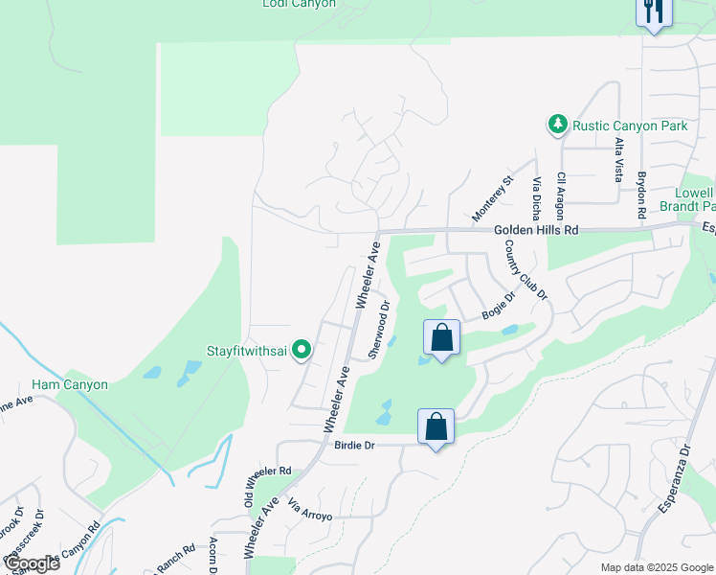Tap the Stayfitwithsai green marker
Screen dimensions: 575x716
[x=302, y=351]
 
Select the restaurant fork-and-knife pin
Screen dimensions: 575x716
[x=654, y=11]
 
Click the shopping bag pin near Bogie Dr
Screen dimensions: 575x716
[x=441, y=337]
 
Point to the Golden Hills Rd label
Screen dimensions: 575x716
[x=537, y=231]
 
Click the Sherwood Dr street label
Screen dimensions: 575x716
[x=380, y=331]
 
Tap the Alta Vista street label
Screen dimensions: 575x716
[x=619, y=159]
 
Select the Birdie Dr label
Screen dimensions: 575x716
[x=353, y=446]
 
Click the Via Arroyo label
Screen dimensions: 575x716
[x=310, y=509]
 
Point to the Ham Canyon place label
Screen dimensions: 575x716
[x=70, y=384]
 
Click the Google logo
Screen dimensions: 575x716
[x=31, y=563]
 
